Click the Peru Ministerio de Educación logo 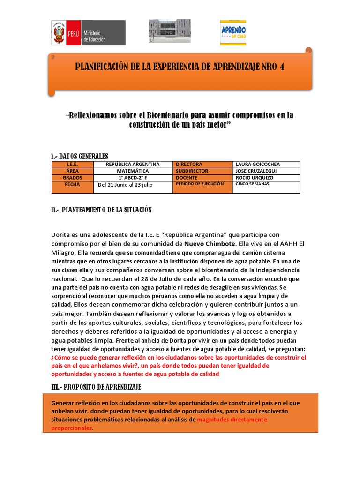pos(88,33)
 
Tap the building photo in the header pos(170,31)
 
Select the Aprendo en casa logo pos(233,33)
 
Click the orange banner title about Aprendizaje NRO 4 pos(180,67)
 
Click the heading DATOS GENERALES pos(79,156)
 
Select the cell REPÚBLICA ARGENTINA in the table pos(133,165)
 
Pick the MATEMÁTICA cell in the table pos(133,171)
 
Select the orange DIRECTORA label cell pos(189,165)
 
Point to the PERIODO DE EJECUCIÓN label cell pos(197,184)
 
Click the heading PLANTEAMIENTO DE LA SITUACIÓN pos(101,210)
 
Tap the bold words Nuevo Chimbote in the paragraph pos(210,244)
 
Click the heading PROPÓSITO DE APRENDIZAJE pos(96,387)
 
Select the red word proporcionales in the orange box pos(72,428)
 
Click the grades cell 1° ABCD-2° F pos(133,178)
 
